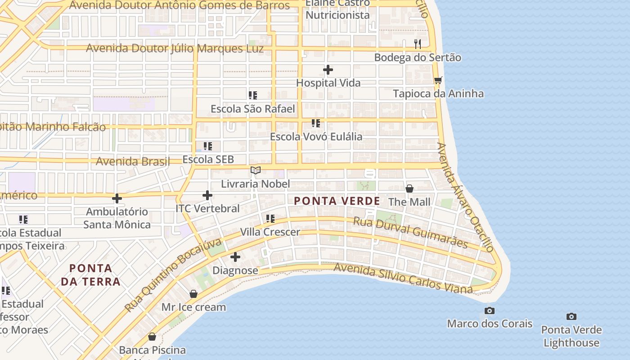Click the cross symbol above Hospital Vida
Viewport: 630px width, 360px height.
coord(328,70)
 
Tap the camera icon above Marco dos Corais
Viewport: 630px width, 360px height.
coord(490,310)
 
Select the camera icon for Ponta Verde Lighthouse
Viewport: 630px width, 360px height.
coord(571,317)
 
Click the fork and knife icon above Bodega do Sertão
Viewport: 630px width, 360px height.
coord(418,44)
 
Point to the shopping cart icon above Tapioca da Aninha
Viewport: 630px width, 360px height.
coord(438,80)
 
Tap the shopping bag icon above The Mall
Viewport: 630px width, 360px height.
coord(409,189)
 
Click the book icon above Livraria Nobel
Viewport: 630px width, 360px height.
coord(256,170)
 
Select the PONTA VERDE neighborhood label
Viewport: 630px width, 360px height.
coord(337,201)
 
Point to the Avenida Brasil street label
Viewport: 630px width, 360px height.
coord(133,161)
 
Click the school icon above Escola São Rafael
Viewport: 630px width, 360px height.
coord(253,95)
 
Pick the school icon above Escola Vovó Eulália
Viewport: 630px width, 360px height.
coord(316,123)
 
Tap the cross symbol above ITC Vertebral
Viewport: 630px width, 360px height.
coord(207,195)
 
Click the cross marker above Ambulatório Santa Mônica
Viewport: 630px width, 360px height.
coord(117,198)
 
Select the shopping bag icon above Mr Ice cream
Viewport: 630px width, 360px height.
coord(193,294)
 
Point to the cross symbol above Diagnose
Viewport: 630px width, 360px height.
coord(235,257)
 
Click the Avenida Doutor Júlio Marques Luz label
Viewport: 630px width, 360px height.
coord(175,48)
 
